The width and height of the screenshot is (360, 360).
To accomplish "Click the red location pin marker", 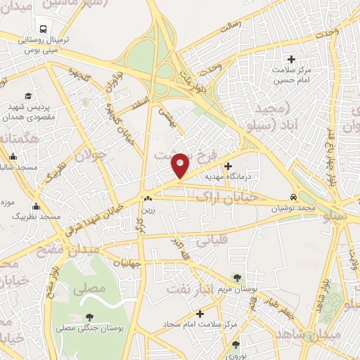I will pyautogui.click(x=180, y=164).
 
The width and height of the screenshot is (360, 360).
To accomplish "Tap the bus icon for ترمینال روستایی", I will pyautogui.click(x=44, y=29).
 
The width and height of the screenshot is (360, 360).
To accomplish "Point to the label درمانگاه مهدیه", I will pyautogui.click(x=226, y=178).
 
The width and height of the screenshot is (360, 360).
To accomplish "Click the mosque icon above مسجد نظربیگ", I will pyautogui.click(x=36, y=207).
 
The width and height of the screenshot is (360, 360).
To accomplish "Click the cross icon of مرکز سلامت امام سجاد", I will pyautogui.click(x=200, y=314).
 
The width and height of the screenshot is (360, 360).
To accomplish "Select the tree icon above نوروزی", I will pyautogui.click(x=236, y=345).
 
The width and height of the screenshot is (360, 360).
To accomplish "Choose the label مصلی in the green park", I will pyautogui.click(x=89, y=288).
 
